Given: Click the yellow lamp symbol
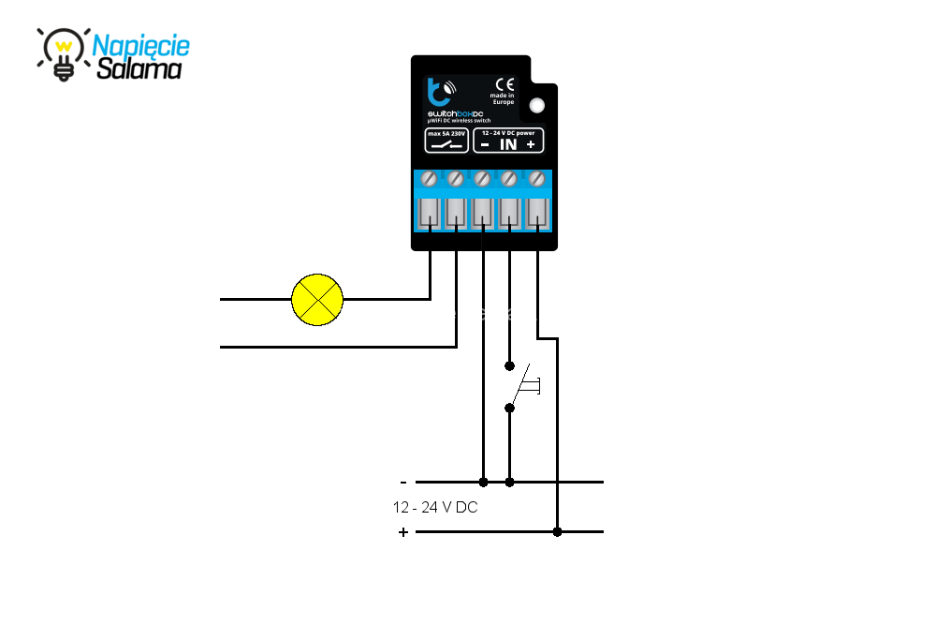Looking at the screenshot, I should (318, 300).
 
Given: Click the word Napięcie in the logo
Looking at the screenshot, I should (141, 45).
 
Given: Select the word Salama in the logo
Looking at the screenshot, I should (139, 68).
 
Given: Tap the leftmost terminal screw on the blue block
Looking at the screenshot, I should (430, 177).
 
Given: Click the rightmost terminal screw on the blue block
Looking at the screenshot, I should (537, 177).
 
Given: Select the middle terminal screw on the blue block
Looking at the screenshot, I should (483, 177).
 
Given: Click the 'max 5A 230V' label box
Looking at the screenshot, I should (446, 141).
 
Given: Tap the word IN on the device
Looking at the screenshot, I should (507, 144).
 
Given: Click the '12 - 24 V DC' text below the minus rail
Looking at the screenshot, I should (436, 507).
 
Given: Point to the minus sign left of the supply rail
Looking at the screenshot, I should (403, 483).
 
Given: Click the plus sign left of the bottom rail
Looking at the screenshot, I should (403, 532).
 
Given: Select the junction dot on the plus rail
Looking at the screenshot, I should (557, 532).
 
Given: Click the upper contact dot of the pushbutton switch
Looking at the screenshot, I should (509, 365).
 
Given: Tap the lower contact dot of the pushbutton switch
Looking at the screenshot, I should (509, 408).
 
